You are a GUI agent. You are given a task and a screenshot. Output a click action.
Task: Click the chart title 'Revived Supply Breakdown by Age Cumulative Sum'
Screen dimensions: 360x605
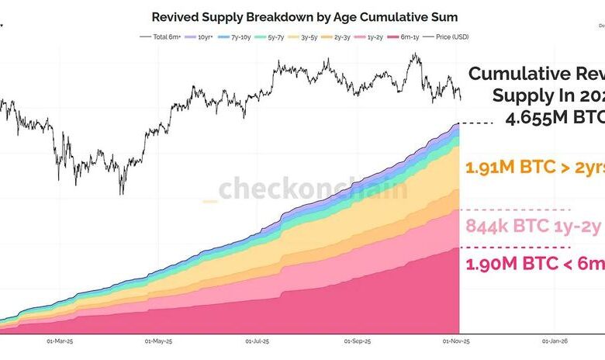click(304, 16)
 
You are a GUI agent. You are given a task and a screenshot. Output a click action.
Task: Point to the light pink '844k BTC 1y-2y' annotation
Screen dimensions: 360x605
click(534, 226)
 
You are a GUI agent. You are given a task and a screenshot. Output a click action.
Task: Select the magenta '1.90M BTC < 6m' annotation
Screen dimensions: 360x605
click(534, 264)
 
